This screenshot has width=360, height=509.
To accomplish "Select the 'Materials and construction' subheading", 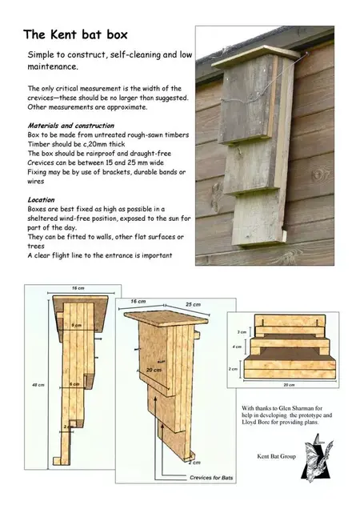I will (70, 126).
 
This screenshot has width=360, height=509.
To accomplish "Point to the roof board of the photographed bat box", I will (255, 54).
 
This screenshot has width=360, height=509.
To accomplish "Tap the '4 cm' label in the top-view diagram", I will (236, 347).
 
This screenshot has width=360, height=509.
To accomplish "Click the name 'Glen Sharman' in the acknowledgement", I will (302, 408).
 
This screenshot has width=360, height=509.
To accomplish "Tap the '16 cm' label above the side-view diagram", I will (78, 286).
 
